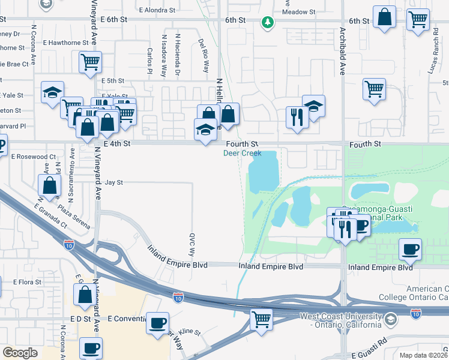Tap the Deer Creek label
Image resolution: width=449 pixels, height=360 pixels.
coord(243,153)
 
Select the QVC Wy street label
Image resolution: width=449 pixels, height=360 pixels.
coord(193,244)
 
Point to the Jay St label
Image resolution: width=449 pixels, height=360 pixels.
coord(113,182)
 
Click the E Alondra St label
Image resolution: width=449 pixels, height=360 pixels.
coord(157,10)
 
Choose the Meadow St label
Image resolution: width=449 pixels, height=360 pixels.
coord(298,12)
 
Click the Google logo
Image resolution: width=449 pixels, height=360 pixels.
coord(20,353)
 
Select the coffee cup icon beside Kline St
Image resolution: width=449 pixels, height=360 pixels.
coord(158,323)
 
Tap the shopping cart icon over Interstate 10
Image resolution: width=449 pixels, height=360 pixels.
coord(261,319)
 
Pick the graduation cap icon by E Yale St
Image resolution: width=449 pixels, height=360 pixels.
coord(52,92)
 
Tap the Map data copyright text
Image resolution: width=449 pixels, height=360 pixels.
coord(424,355)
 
